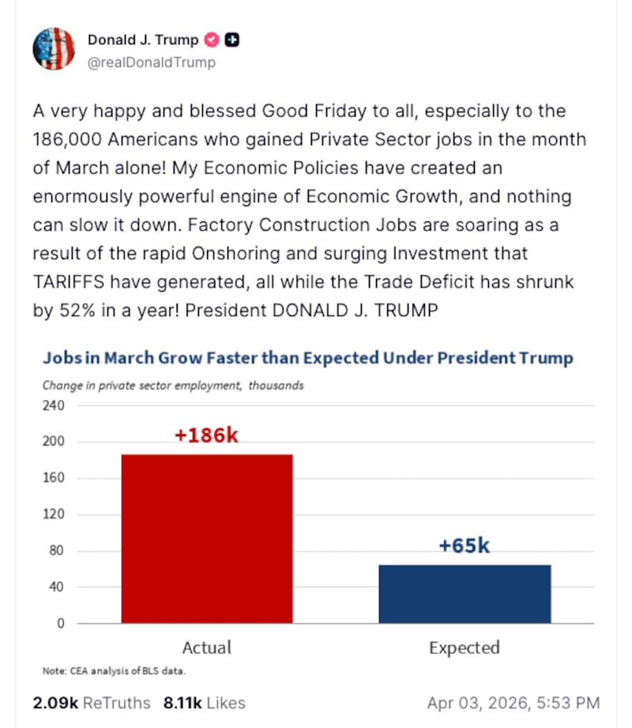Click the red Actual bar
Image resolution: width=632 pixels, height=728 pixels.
pos(207,538)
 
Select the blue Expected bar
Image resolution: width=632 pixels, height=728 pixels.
pos(465,594)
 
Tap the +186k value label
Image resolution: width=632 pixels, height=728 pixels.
pos(206,436)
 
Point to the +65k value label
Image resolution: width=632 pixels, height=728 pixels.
pos(464,545)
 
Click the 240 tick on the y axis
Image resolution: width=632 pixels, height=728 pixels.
pos(53,405)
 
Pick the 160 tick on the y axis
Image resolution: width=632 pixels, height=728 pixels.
pos(53,478)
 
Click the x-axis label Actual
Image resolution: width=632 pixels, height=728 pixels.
pos(207,647)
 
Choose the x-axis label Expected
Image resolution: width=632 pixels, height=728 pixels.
pos(465,648)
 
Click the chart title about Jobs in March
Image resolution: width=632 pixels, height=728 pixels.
pos(307,357)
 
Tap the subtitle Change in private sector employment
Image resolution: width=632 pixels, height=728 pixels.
pos(173,386)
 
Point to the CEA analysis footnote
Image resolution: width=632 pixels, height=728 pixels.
pos(114,671)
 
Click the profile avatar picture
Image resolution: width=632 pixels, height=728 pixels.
pos(54,49)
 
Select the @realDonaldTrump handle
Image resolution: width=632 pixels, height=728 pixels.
pos(152,62)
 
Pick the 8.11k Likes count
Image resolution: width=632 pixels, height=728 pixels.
pos(204,703)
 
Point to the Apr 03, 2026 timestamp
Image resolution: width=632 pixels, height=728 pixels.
pos(513,703)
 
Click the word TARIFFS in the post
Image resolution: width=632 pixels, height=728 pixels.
pos(70,282)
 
